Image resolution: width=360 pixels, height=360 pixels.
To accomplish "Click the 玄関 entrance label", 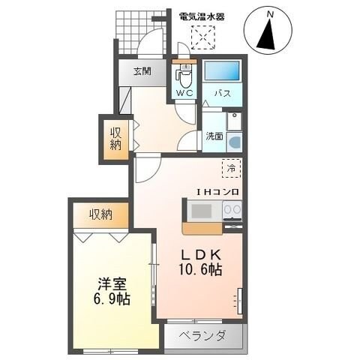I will (142, 72).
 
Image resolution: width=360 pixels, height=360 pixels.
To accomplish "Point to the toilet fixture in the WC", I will (182, 75).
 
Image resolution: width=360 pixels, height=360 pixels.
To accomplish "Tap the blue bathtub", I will (222, 72).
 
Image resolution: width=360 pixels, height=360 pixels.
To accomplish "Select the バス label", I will (222, 94).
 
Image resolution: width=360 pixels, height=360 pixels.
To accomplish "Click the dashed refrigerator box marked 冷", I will (231, 169).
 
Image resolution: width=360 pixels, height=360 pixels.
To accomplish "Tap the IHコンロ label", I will (217, 192).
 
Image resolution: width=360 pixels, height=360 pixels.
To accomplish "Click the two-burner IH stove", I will (231, 211).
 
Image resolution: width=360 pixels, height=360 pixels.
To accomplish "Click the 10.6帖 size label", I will (200, 268).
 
